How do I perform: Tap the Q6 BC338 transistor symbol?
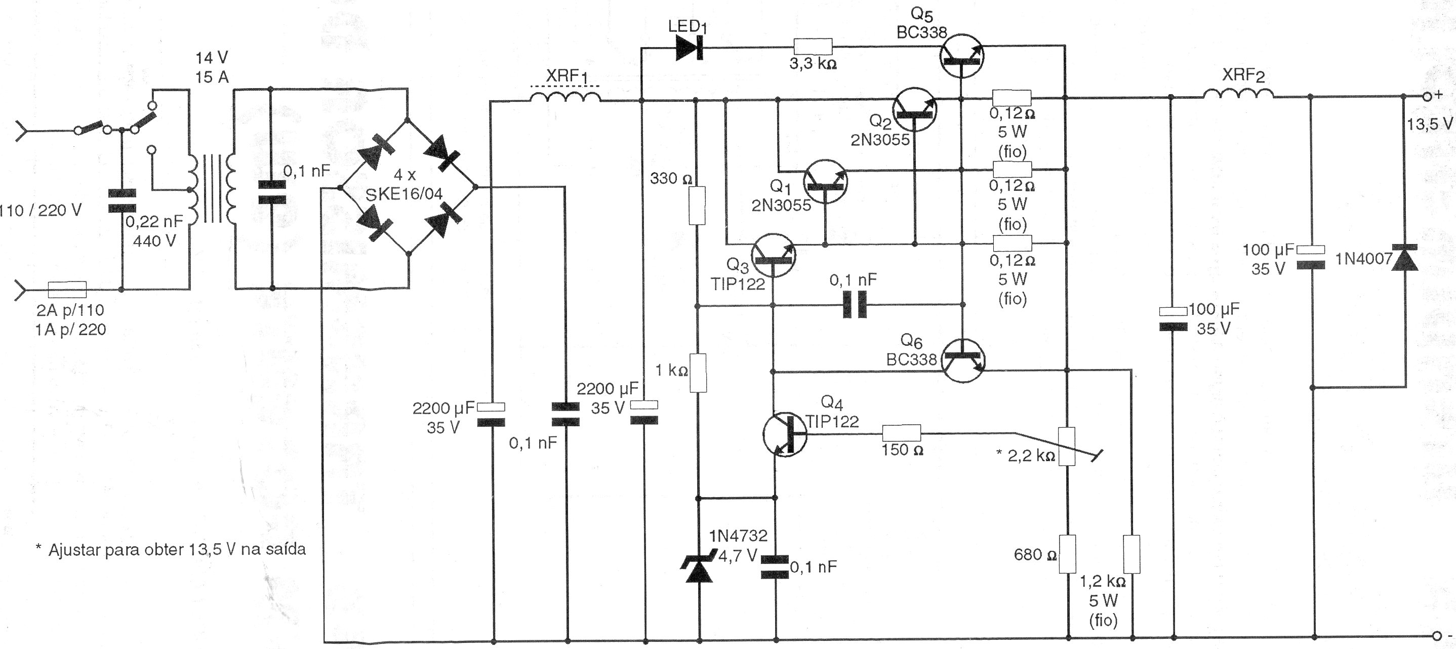pyautogui.click(x=963, y=360)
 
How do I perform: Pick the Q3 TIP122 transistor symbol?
pyautogui.click(x=774, y=256)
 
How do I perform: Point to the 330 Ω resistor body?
pyautogui.click(x=698, y=206)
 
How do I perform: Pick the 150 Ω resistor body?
pyautogui.click(x=902, y=434)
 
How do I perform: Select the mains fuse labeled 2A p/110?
pyautogui.click(x=67, y=290)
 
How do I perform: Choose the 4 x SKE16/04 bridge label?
pyautogui.click(x=404, y=185)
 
